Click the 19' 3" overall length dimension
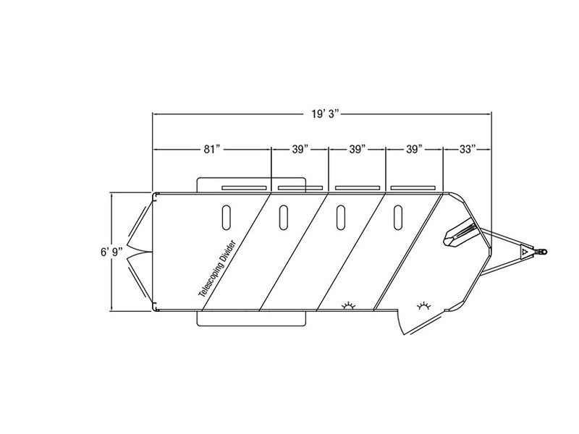325,114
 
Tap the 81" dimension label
211,150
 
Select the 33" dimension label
468,150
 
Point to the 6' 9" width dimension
111,252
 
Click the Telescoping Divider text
217,268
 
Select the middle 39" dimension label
357,150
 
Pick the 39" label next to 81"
300,150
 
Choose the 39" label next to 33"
414,150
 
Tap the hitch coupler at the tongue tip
541,252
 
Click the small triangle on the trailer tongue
524,252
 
